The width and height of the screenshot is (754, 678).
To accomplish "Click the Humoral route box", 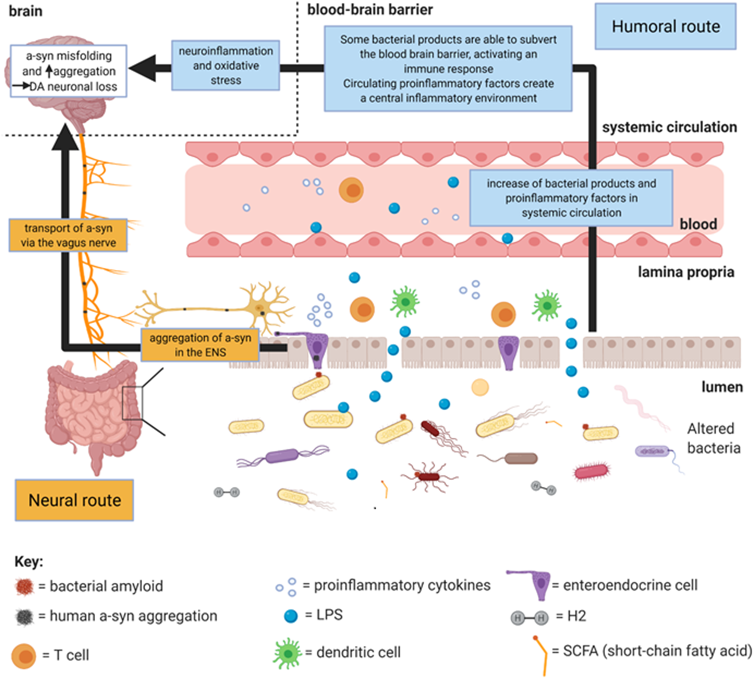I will (x=665, y=27).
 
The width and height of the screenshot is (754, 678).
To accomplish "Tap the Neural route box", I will (x=74, y=500).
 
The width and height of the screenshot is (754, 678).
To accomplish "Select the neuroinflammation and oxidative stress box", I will (x=226, y=65).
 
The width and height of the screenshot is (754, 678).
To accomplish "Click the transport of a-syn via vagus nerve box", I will (x=68, y=235).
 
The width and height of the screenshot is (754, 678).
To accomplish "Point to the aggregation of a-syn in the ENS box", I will (x=200, y=345).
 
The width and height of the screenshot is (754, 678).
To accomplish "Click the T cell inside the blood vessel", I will (x=351, y=190).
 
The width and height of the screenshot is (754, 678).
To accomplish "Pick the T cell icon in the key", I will (x=24, y=656).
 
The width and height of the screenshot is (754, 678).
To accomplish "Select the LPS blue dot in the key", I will (x=290, y=616).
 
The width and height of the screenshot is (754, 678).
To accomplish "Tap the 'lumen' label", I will (x=722, y=387).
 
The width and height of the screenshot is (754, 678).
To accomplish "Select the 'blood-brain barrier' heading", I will (x=370, y=10).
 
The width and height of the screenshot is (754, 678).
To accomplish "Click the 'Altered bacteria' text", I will (x=713, y=438).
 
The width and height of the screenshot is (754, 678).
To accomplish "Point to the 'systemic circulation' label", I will (x=670, y=127).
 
